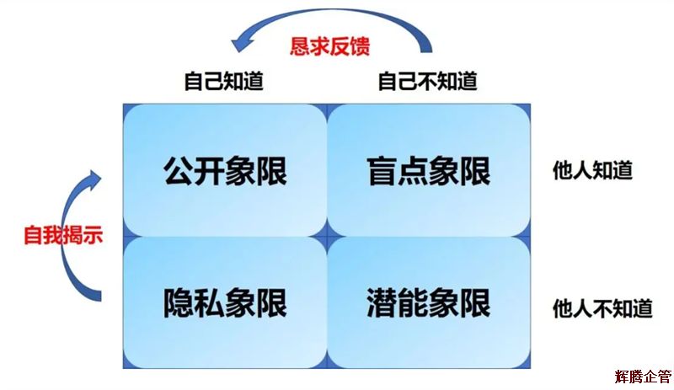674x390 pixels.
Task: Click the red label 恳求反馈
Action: pyautogui.click(x=330, y=45)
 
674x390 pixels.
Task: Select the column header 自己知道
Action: pyautogui.click(x=223, y=82)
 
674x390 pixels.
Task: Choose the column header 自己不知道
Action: pyautogui.click(x=427, y=82)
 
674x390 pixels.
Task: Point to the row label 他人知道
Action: pyautogui.click(x=592, y=170)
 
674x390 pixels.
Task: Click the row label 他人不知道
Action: pyautogui.click(x=602, y=307)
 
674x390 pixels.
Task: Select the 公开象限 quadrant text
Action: pyautogui.click(x=225, y=171)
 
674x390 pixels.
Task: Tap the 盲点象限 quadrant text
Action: pyautogui.click(x=428, y=171)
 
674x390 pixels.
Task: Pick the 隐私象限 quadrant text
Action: pyautogui.click(x=225, y=302)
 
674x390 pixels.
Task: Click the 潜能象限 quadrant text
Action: pyautogui.click(x=428, y=302)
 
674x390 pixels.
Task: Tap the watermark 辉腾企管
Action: pyautogui.click(x=643, y=376)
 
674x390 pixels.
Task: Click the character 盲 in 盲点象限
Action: pyautogui.click(x=382, y=171)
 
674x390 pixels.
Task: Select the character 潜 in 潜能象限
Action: pyautogui.click(x=382, y=302)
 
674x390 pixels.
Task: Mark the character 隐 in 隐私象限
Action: pyautogui.click(x=179, y=302)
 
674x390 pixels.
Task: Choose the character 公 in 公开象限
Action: pyautogui.click(x=179, y=171)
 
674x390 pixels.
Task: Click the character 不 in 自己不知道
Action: pyautogui.click(x=427, y=82)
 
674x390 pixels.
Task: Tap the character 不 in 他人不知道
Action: pyautogui.click(x=602, y=307)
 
